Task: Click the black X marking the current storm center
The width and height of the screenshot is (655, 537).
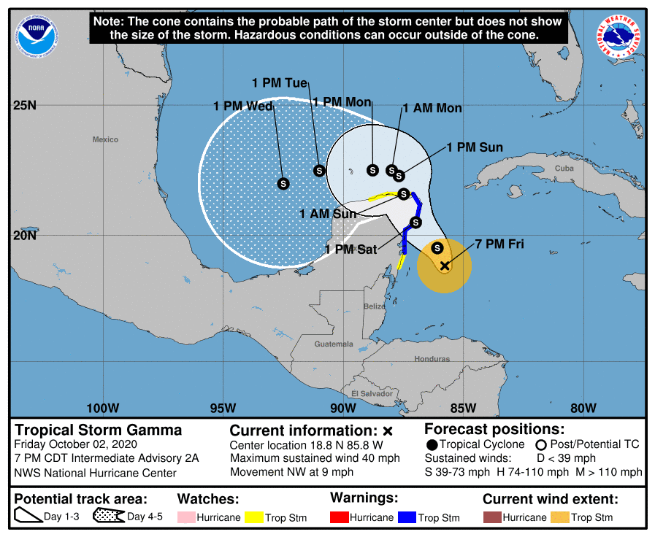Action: [x=445, y=266]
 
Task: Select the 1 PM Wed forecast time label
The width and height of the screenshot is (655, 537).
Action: [x=243, y=107]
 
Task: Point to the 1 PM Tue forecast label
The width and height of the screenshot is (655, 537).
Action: [x=280, y=83]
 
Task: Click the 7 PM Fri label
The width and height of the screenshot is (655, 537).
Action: [x=499, y=244]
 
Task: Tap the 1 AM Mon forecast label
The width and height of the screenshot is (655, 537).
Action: [x=432, y=108]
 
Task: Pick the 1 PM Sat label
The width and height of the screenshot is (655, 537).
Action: [x=351, y=250]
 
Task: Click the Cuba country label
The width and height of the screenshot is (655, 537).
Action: [x=564, y=169]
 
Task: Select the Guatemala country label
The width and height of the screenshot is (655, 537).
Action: [x=334, y=344]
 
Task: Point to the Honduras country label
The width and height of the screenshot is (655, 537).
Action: [x=432, y=359]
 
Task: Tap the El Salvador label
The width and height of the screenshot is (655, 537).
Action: [x=372, y=394]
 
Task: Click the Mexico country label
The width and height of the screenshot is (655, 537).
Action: [x=105, y=139]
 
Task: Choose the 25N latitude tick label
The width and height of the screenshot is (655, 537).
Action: [x=25, y=105]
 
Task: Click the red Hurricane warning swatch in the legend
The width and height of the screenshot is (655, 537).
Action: [x=340, y=517]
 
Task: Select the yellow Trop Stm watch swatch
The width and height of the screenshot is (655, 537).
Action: [x=254, y=517]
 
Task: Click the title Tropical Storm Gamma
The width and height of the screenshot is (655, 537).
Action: [x=99, y=430]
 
